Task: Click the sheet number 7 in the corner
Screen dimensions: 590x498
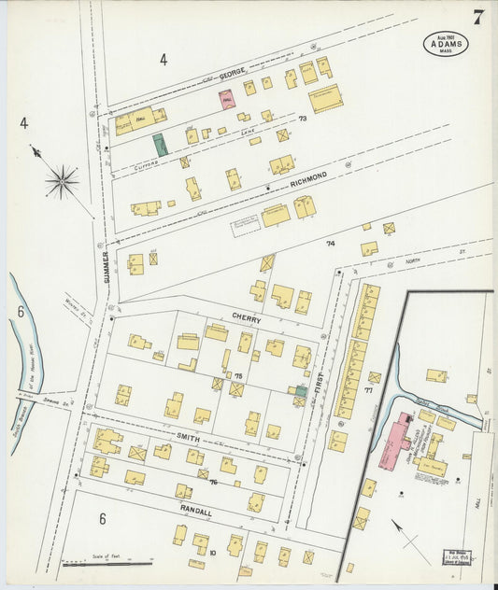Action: point(477,16)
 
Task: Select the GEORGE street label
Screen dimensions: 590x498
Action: point(233,72)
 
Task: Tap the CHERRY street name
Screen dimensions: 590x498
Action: point(248,318)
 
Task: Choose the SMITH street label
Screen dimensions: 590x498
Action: point(190,437)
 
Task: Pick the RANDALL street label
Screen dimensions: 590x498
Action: point(197,513)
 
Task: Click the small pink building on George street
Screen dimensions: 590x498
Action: point(227,98)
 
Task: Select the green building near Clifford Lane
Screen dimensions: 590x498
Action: point(161,145)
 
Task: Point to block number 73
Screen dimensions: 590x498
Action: point(302,119)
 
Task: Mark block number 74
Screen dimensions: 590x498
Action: point(330,243)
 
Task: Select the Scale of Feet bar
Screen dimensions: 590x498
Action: point(107,563)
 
